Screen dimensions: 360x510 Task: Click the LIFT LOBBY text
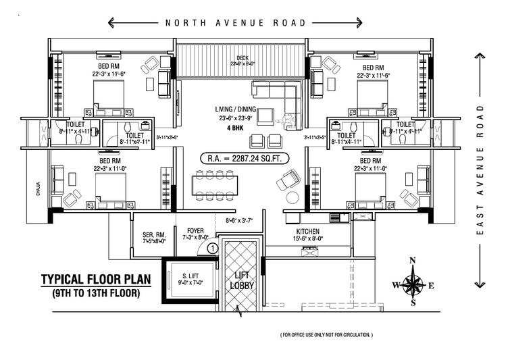[241, 280]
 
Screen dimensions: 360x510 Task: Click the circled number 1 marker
[212, 248]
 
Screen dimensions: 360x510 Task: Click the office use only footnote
[326, 335]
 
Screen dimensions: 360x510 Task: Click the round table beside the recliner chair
[292, 198]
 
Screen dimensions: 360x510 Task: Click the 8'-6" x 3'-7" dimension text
[240, 220]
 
